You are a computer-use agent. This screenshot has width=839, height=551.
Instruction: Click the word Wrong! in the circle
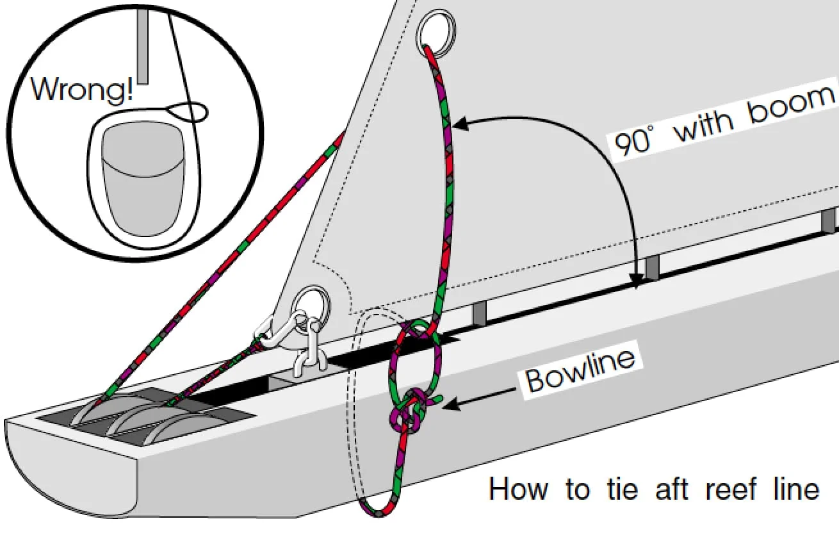(82, 89)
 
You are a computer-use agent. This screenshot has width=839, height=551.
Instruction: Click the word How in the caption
(518, 489)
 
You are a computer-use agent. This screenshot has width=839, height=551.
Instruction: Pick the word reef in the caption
(728, 489)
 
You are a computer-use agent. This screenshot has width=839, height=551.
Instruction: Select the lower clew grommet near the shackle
(312, 302)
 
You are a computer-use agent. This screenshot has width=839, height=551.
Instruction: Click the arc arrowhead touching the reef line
(460, 126)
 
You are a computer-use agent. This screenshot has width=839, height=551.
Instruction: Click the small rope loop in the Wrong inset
(193, 112)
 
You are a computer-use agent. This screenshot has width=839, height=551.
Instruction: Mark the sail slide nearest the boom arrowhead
(652, 268)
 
